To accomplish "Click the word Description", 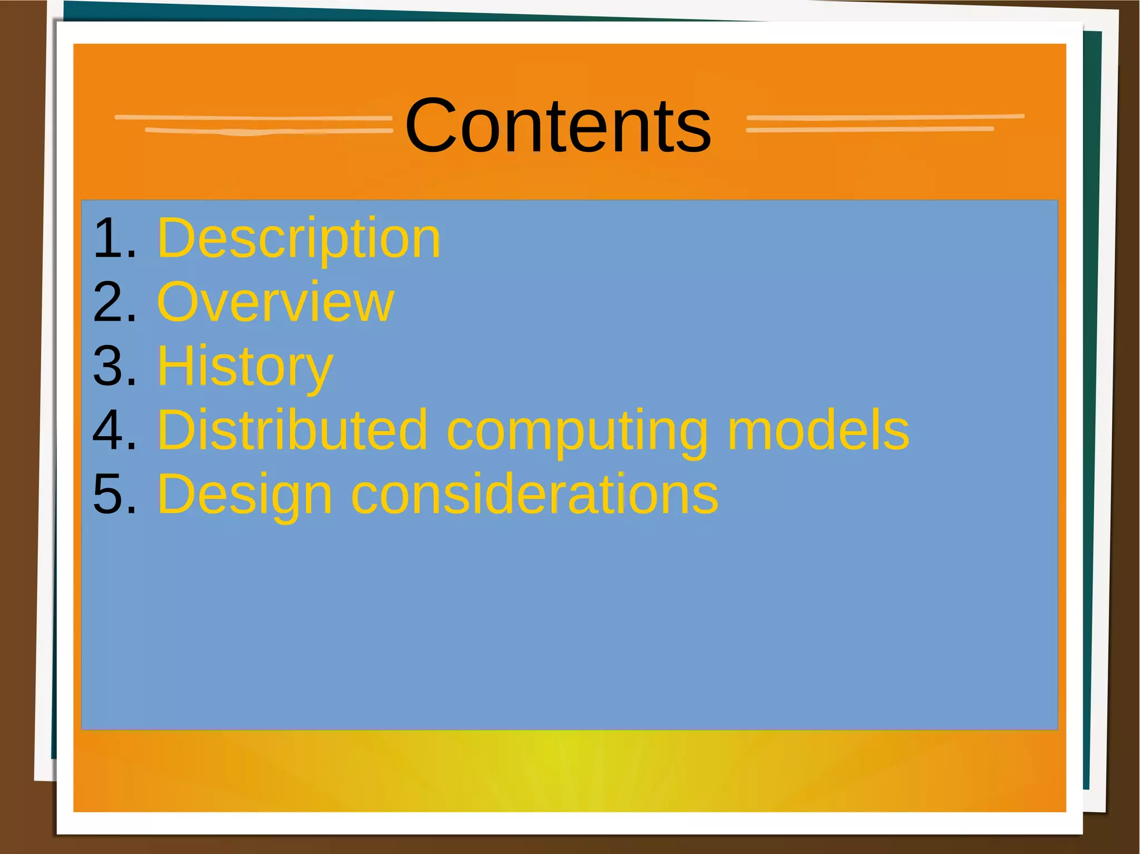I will coord(299,239).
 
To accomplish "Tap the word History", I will coord(245,367).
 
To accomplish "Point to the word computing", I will coord(577,431).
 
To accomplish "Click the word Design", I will coord(245,495).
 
